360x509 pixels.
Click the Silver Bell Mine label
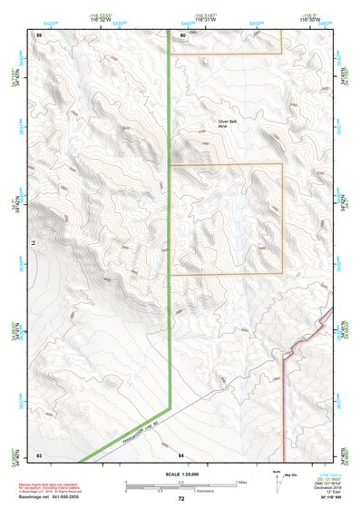[226, 122]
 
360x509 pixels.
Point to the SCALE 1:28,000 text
[180, 475]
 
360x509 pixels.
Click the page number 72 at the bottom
[180, 498]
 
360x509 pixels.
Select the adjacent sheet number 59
[39, 34]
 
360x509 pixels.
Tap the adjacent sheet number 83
[39, 452]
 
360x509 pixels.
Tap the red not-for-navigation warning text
[46, 487]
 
